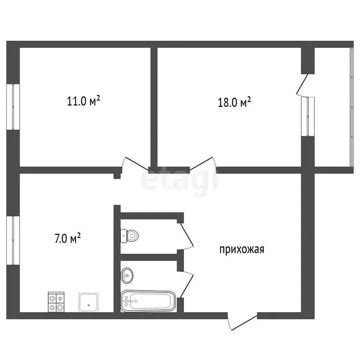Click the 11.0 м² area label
click(x=84, y=101)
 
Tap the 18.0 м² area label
click(x=234, y=102)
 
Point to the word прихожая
click(x=242, y=249)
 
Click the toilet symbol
click(x=130, y=235)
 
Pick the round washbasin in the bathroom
click(x=127, y=275)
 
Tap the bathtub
click(x=148, y=301)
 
